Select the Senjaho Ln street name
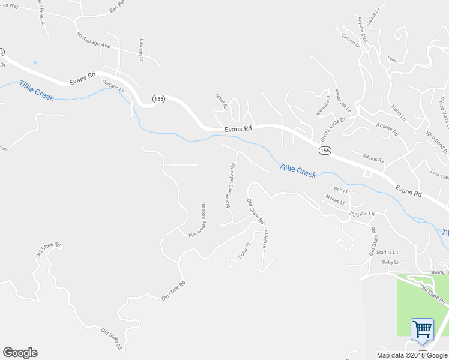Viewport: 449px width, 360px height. point(113,86)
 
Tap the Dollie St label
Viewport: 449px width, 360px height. point(243,250)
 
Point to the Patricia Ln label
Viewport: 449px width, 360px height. point(363,214)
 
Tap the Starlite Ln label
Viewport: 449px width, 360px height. point(388,252)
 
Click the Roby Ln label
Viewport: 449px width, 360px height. point(391,262)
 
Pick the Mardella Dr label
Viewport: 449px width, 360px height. point(324,104)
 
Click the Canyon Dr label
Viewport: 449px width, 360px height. point(350,40)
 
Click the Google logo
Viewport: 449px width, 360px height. point(20,353)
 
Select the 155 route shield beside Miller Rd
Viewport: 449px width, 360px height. point(158,99)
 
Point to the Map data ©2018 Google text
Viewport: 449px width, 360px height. point(412,355)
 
